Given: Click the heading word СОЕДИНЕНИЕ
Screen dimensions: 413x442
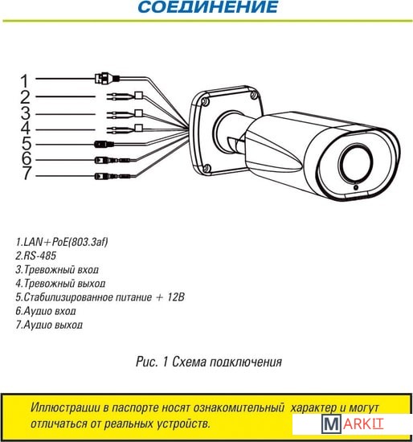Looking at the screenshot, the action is [x=208, y=6].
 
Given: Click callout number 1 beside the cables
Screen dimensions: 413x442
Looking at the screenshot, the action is [x=25, y=81].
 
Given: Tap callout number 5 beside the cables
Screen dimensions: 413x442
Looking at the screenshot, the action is [x=27, y=143].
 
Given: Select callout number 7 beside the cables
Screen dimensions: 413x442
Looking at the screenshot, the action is [x=27, y=173].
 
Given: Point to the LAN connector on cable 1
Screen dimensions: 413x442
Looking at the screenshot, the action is [x=107, y=78].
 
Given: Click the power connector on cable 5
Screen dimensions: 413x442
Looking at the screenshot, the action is [x=104, y=145].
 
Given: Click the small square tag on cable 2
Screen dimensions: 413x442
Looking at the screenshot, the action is [x=139, y=95].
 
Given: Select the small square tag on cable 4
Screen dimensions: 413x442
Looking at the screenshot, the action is [x=139, y=128].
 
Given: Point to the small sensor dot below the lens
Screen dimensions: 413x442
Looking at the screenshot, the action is [x=356, y=187].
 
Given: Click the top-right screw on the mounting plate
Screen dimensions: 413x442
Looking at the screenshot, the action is [x=254, y=95].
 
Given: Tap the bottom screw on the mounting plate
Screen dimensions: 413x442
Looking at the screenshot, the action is [x=206, y=169].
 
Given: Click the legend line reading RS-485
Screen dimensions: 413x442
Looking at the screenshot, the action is [x=36, y=256].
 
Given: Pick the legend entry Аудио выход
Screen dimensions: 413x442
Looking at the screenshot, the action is [x=49, y=325].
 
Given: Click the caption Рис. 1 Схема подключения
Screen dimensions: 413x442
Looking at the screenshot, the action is [x=209, y=362].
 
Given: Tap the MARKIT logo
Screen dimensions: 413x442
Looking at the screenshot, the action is [x=353, y=424].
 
